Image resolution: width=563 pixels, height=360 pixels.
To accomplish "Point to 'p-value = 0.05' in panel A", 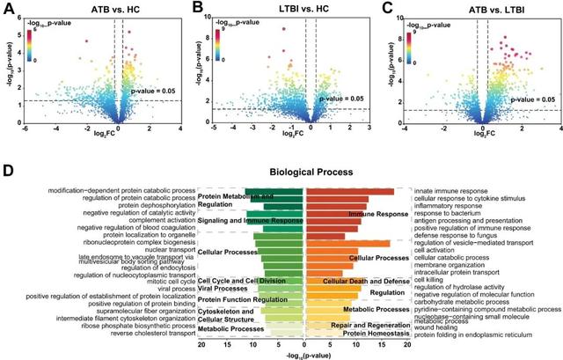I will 153,90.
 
